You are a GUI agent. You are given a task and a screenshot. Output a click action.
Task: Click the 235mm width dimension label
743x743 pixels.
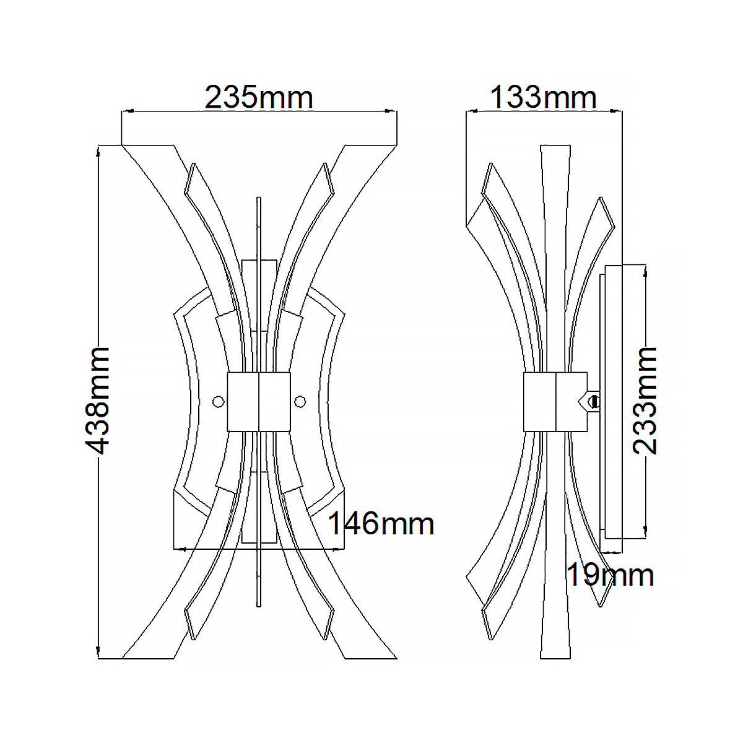258,97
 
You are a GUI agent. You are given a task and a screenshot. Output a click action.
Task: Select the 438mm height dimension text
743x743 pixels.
97,401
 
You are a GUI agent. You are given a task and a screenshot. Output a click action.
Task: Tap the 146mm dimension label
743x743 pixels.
381,523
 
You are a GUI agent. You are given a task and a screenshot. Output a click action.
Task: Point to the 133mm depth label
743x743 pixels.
543,97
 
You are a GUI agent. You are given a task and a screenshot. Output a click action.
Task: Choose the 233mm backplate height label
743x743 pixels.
645,401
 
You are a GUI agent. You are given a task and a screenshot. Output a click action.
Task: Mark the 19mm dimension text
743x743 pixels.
610,575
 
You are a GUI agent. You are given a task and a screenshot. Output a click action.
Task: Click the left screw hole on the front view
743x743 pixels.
218,401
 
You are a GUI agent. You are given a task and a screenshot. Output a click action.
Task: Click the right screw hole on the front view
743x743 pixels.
300,401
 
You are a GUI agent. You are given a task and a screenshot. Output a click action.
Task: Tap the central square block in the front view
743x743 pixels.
259,401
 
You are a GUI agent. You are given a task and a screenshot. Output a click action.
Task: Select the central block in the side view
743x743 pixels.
555,401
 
